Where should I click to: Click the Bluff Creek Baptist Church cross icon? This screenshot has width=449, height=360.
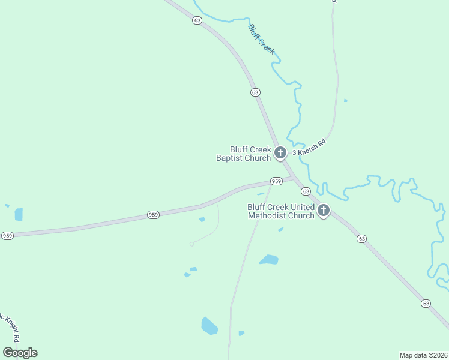pos(280,153)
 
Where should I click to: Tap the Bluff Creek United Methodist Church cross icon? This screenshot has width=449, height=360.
pos(324,211)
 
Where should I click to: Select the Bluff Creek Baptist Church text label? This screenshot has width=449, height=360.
pos(244,154)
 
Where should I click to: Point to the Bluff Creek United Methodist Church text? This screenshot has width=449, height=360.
pos(281,211)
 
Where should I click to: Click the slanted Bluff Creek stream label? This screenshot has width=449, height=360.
pos(261,39)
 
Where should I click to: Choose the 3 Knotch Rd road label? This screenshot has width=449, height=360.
pos(309,148)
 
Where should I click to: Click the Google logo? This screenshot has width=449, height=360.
pos(20,353)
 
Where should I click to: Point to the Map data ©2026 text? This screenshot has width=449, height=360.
pos(423,355)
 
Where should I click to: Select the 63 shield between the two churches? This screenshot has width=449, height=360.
pos(306,191)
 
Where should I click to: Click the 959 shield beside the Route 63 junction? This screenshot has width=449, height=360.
pos(276,181)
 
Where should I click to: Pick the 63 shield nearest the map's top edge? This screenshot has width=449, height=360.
pos(197,20)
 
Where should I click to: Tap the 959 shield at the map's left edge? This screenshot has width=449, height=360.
pos(7,236)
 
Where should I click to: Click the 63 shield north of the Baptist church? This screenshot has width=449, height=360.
pos(256,92)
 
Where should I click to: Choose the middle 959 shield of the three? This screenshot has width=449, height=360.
pos(154,214)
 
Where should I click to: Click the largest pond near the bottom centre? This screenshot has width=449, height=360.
pos(209,326)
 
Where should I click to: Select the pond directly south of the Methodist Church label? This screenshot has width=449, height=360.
pos(269,260)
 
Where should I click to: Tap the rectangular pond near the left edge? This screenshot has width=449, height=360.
pos(19,214)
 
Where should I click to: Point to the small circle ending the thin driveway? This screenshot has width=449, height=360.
pos(191,244)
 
